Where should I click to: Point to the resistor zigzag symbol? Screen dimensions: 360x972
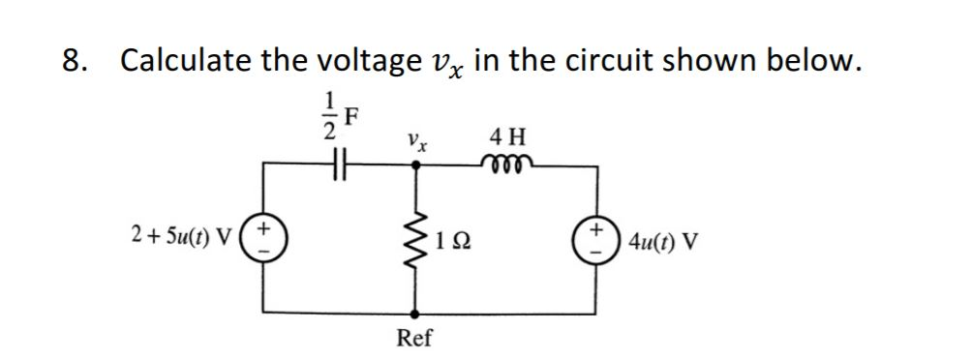pos(417,237)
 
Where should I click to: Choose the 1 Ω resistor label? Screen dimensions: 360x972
pos(452,238)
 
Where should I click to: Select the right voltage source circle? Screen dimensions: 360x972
pos(593,237)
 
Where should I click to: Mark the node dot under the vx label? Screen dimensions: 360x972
pos(417,165)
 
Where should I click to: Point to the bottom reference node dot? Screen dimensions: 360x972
pos(417,313)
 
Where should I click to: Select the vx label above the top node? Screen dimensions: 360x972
pos(417,139)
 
